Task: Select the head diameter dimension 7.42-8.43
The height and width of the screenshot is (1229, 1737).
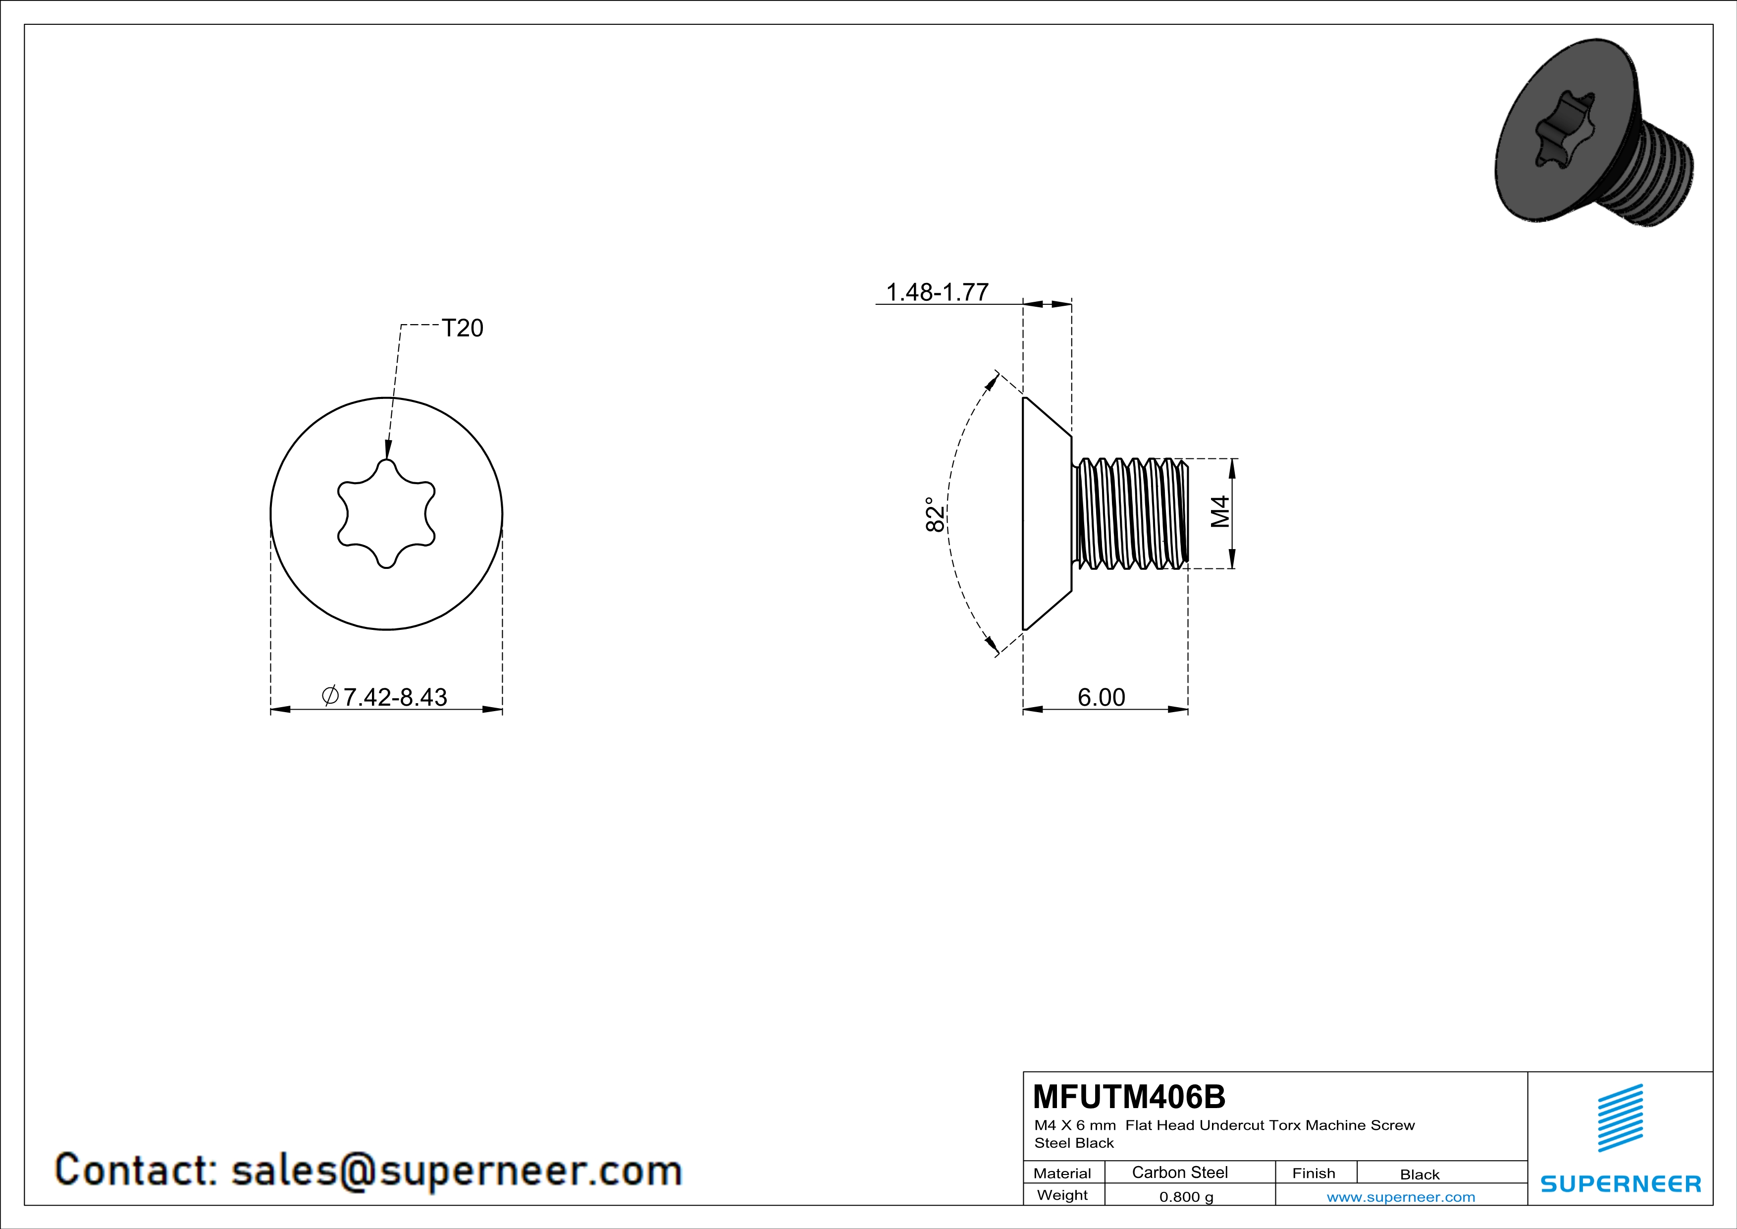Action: coord(384,696)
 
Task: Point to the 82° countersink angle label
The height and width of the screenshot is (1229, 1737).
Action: coord(936,514)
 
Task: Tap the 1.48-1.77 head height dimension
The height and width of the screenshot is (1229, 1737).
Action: coord(937,291)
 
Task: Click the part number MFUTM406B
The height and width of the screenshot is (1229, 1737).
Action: coord(1129,1096)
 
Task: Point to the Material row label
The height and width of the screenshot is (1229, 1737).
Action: coord(1062,1173)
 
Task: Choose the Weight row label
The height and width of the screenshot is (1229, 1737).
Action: coord(1062,1195)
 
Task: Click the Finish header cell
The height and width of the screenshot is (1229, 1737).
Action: coord(1314,1173)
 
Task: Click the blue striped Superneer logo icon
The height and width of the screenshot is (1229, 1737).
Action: coord(1620,1118)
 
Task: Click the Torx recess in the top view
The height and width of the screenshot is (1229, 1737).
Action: coord(386,514)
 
